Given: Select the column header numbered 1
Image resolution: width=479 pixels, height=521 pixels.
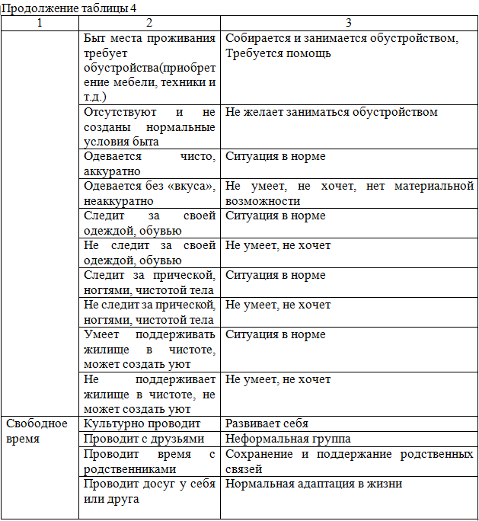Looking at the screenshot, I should coord(40,23).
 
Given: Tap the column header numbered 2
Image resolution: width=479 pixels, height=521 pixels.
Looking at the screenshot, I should coord(148,23).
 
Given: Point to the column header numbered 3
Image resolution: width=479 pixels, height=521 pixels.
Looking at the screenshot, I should coord(349,23).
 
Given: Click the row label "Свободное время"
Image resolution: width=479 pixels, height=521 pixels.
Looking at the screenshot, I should coord(37,431).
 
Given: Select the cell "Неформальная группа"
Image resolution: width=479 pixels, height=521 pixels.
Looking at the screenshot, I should coord(282,439).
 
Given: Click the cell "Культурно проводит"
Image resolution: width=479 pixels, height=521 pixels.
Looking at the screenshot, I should coord(142,424).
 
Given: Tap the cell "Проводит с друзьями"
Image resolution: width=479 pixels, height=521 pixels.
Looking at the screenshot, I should coord(144,439).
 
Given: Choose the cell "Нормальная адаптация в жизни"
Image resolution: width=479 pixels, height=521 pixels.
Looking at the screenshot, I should coord(314,484).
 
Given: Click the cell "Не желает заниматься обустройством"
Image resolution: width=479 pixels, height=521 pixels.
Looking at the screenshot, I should coord(331,112).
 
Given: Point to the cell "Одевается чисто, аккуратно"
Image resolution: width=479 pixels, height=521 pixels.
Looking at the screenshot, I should coord(149,163).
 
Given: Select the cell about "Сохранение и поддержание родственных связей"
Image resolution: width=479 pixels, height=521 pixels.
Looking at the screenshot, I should coord(350,462).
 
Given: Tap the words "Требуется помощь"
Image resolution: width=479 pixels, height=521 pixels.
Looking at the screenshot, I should coord(278,54).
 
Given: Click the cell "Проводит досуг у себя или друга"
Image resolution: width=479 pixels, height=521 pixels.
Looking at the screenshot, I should coord(149,491).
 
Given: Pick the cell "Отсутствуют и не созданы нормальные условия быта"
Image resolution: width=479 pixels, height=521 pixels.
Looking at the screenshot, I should coord(149,126).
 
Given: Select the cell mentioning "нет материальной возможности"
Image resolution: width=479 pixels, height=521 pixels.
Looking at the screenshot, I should coord(350,193).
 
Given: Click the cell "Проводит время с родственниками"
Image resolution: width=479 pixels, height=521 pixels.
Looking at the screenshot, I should coord(149,462).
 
